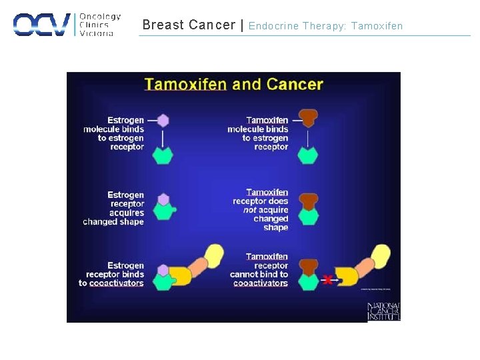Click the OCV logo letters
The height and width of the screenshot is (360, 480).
coord(41,25)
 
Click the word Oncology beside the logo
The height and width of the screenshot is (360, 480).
coord(100,16)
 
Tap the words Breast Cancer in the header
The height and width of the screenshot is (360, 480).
coord(189,25)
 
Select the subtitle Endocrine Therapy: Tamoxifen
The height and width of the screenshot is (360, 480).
coord(325,26)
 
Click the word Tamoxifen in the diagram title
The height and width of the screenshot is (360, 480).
coord(186,85)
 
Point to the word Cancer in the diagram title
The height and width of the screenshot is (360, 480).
coord(295,85)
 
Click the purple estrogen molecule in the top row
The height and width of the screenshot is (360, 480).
coord(163,121)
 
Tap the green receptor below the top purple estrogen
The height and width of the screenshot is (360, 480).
coord(163,155)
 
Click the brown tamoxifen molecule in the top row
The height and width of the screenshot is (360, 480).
coord(308,118)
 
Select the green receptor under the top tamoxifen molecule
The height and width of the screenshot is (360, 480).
coord(307,155)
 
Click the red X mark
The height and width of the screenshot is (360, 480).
coord(327,279)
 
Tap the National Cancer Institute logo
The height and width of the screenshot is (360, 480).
coord(383,311)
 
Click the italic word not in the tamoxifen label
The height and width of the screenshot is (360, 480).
coord(250,210)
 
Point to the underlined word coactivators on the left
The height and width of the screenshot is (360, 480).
coord(117,283)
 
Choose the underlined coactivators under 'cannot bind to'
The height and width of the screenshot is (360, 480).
coord(261,283)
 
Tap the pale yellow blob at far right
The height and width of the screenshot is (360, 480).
coord(381,255)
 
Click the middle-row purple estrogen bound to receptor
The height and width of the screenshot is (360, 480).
coord(164,199)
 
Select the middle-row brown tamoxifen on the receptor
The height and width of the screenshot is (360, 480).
coord(308,200)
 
